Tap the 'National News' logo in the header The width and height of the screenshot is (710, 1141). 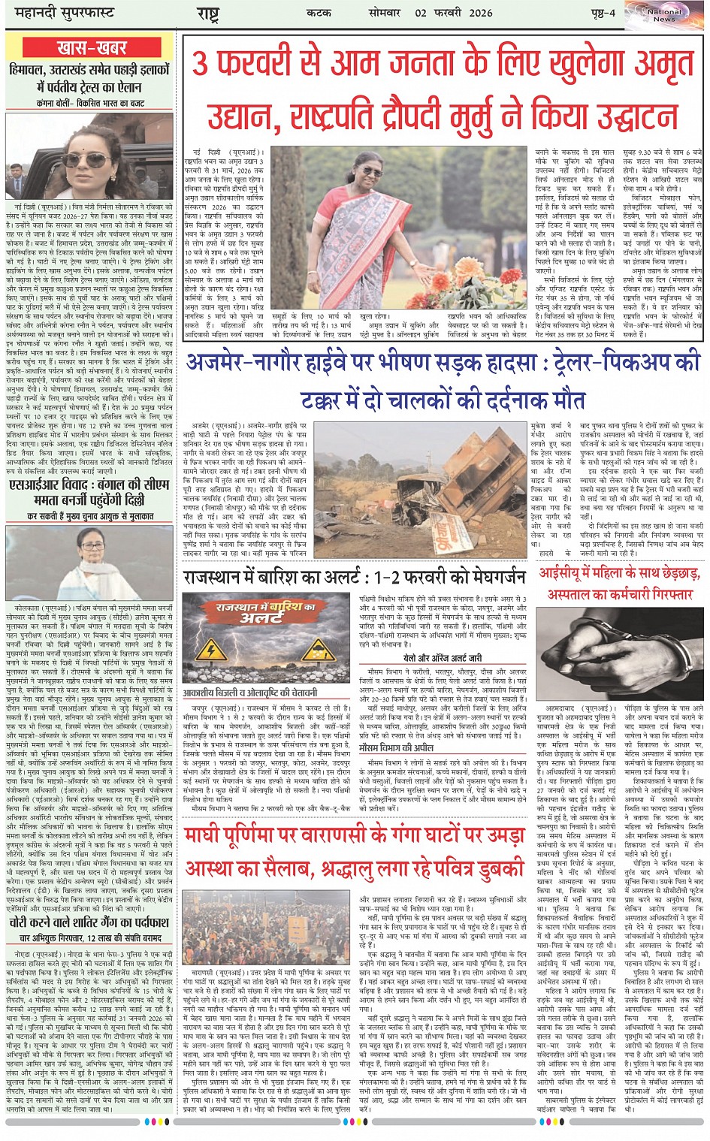pyautogui.click(x=664, y=14)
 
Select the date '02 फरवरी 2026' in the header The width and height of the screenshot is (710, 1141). pyautogui.click(x=452, y=13)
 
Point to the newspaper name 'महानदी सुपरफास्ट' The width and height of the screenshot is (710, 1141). pyautogui.click(x=58, y=13)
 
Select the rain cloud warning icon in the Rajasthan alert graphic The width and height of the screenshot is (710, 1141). pyautogui.click(x=319, y=650)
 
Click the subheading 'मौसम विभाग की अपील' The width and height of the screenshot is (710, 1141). pyautogui.click(x=396, y=748)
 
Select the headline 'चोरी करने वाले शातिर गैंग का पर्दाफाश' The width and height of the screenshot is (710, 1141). pyautogui.click(x=89, y=922)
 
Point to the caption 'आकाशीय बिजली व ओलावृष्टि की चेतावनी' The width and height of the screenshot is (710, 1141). pyautogui.click(x=250, y=693)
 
